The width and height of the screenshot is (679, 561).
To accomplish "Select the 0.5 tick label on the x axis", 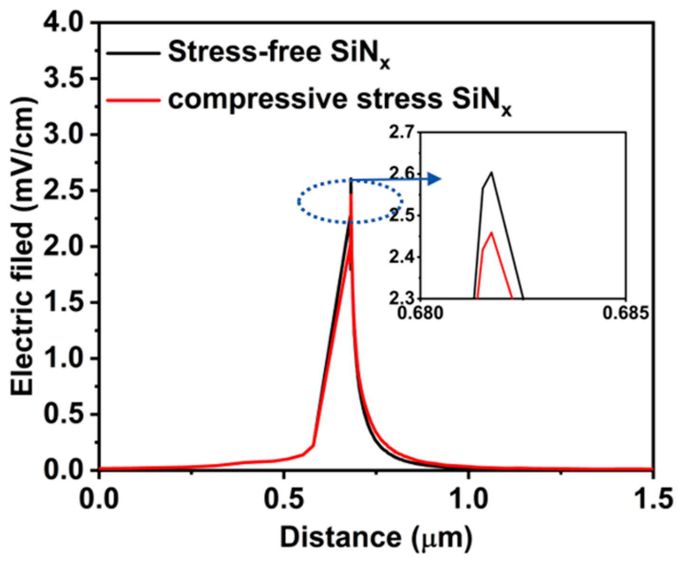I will coord(283,499).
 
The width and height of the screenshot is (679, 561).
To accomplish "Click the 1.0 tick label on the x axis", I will coord(469,499).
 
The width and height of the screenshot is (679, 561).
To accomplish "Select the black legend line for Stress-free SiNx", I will coord(133,53).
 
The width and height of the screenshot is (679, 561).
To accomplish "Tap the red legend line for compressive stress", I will coord(133,100).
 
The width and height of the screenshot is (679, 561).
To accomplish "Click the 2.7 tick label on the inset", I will coord(403,133).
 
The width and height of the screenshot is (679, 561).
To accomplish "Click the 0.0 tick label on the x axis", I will coord(105,499).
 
